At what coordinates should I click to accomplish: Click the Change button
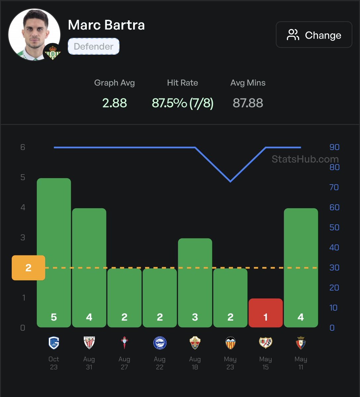(314, 35)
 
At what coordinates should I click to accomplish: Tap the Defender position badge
(93, 46)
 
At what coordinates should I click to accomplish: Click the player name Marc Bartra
(106, 25)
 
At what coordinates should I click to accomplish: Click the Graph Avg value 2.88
(115, 103)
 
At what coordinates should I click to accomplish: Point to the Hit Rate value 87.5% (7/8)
(182, 103)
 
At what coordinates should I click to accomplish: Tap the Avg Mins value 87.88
(248, 103)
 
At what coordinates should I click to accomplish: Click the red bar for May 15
(265, 313)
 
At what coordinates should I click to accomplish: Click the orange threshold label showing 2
(28, 268)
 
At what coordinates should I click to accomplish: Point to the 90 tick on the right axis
(334, 147)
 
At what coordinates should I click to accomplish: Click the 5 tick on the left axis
(23, 177)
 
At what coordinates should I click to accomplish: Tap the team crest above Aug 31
(89, 343)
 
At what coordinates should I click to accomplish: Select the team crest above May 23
(230, 343)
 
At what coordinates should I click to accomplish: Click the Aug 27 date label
(124, 363)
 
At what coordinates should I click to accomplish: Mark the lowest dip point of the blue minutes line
(230, 181)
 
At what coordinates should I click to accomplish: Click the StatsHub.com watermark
(305, 159)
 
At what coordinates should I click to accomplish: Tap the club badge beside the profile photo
(52, 52)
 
